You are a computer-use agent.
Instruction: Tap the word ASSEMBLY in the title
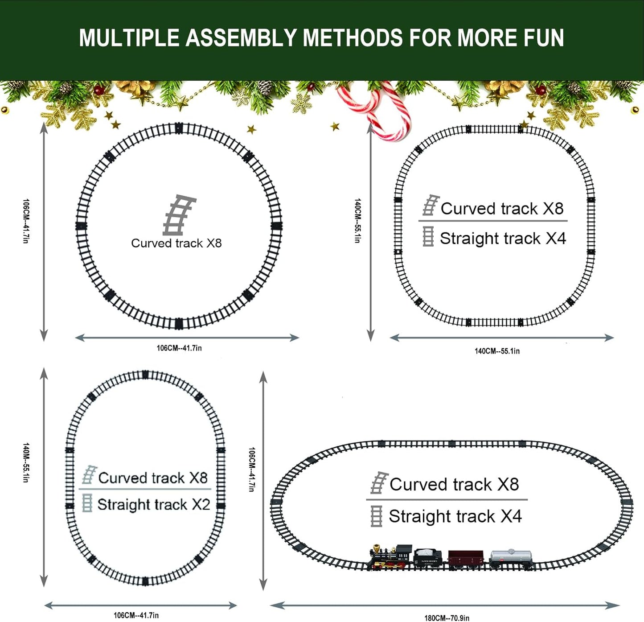tap(243, 38)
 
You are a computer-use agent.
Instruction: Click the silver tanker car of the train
tap(511, 557)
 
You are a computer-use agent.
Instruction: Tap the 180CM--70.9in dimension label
tap(447, 618)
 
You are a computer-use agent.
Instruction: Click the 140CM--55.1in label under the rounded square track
tap(497, 351)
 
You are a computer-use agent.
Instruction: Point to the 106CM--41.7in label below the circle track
tap(179, 348)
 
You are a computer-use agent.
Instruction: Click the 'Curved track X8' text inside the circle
tap(176, 243)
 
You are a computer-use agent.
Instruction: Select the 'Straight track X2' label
tap(153, 504)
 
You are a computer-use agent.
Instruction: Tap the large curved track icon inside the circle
tap(179, 215)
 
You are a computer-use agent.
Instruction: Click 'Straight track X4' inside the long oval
tap(455, 516)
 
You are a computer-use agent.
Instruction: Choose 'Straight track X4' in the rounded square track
tap(503, 238)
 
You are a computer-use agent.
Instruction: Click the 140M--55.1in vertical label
tap(26, 462)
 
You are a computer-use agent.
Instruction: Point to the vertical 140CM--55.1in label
tap(357, 221)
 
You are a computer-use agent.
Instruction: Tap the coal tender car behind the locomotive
tap(427, 557)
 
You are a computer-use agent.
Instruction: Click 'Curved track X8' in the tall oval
tap(152, 478)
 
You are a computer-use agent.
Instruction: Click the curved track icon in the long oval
tap(379, 483)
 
